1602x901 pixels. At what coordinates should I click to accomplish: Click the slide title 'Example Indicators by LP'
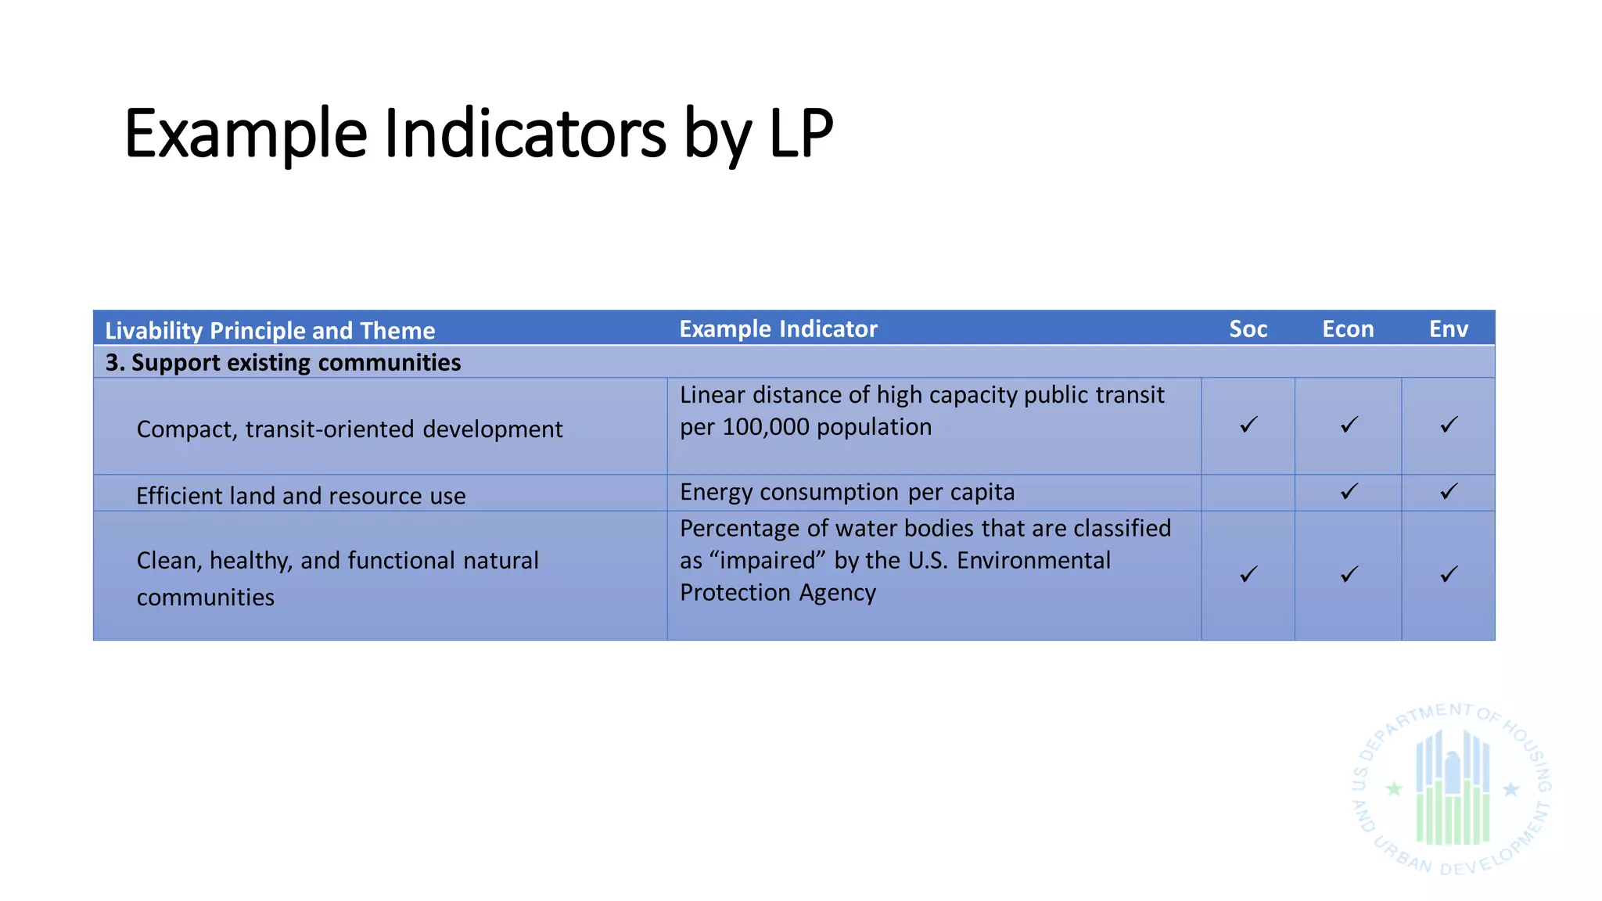[x=478, y=134]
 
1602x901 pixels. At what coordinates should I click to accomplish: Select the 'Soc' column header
[x=1248, y=329]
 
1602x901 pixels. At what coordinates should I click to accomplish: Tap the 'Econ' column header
[x=1348, y=329]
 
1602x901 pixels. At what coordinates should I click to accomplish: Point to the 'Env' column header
[x=1448, y=329]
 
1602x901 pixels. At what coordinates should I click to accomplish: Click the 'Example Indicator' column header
[x=778, y=329]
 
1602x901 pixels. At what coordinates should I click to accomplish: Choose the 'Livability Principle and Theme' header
[x=270, y=331]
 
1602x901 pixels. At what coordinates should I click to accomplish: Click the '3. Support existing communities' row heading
[x=283, y=363]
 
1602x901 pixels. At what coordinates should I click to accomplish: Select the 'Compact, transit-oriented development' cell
[x=349, y=429]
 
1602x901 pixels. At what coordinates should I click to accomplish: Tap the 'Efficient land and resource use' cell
[x=300, y=496]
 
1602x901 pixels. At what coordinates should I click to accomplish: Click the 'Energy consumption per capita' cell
[x=847, y=492]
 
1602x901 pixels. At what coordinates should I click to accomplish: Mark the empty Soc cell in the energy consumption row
[x=1248, y=493]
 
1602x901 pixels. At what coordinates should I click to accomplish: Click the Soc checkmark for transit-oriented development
[x=1248, y=425]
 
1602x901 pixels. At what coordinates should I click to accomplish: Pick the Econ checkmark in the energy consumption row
[x=1349, y=491]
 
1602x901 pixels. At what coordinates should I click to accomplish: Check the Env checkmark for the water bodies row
[x=1449, y=574]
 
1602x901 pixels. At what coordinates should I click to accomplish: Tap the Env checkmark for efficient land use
[x=1449, y=491]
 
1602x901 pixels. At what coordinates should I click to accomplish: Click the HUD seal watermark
[x=1452, y=788]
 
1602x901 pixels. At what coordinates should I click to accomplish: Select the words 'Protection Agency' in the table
[x=778, y=593]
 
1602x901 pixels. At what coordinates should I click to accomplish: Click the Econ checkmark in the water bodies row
[x=1349, y=574]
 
